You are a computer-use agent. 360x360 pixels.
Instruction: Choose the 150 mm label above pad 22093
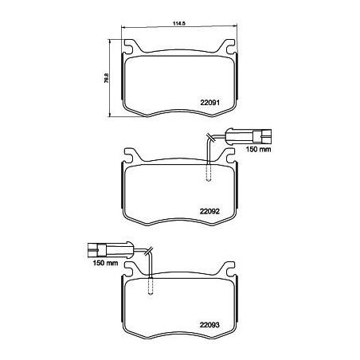point(106,263)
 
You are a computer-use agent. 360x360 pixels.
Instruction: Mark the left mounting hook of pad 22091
point(131,48)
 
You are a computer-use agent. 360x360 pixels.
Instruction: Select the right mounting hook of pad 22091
point(231,48)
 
